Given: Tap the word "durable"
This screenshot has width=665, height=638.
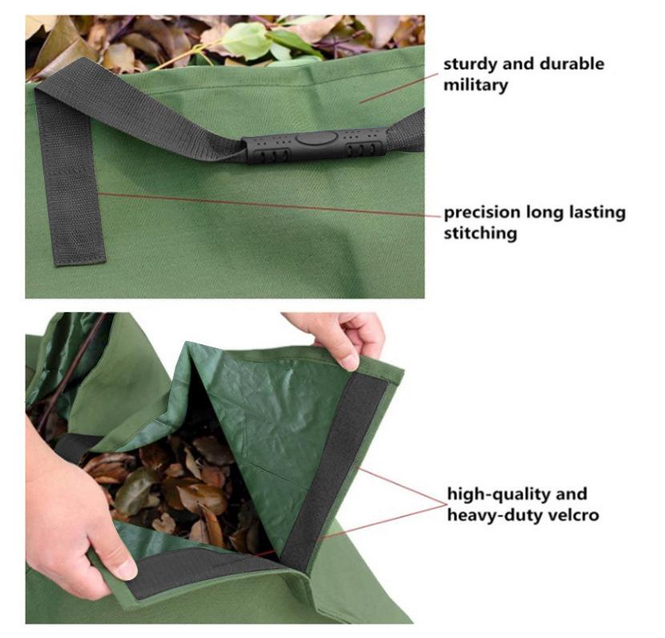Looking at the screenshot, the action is point(572,63).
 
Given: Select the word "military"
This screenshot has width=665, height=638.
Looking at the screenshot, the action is point(475,85).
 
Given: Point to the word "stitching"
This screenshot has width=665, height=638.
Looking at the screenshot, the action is point(480,234).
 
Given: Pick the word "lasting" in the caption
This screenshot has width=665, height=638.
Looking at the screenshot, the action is point(597,212).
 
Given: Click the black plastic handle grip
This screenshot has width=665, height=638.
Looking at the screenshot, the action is point(315,146).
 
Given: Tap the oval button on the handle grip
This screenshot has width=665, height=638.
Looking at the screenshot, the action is point(316,138).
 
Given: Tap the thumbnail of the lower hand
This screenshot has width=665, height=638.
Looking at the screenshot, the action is point(126,570).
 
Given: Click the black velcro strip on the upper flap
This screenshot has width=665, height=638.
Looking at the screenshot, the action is point(335,470).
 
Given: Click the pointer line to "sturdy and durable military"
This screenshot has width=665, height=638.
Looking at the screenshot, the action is point(399,88).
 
